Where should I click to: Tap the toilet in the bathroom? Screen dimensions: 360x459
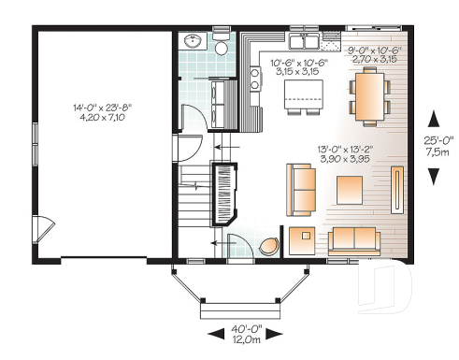(222, 48)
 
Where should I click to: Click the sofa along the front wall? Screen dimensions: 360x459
(354, 240)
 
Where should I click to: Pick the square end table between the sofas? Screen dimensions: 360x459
(303, 239)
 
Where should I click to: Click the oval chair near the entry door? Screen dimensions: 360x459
(270, 246)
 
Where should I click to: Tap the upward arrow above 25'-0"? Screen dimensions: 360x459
(433, 119)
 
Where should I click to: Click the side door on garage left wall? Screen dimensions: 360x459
(40, 225)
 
